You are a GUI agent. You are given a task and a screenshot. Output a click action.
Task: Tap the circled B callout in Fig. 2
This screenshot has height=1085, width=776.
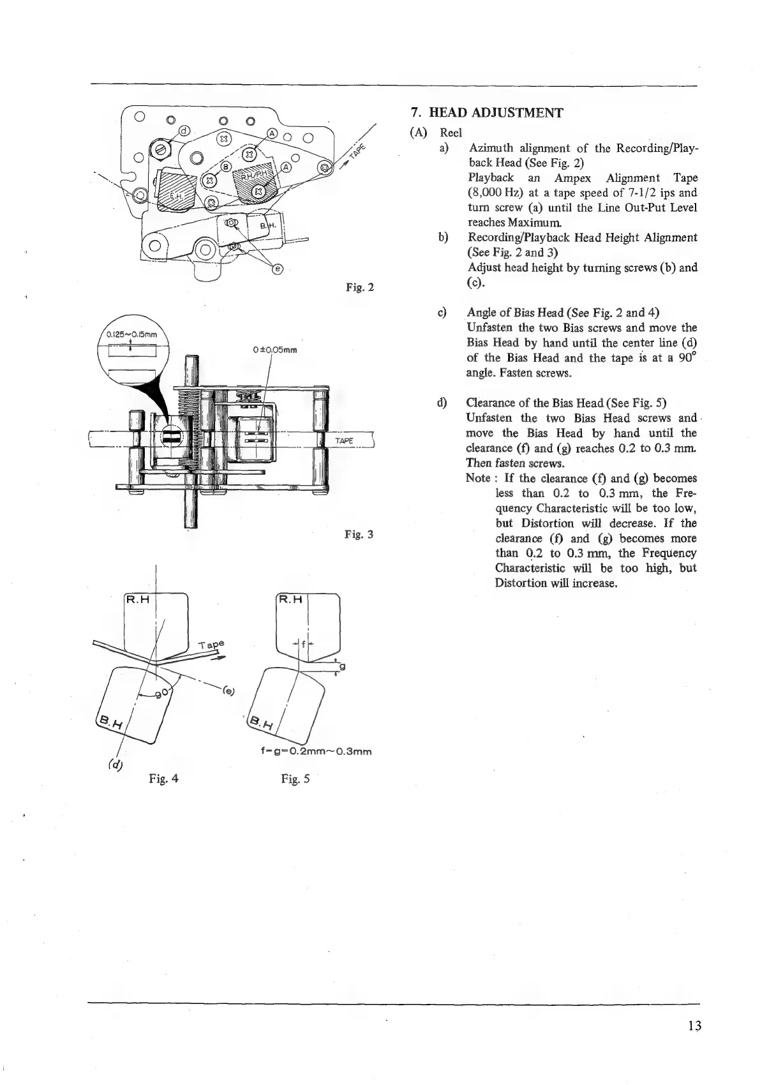pyautogui.click(x=225, y=167)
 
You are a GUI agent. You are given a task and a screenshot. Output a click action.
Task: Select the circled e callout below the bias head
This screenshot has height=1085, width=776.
pyautogui.click(x=277, y=269)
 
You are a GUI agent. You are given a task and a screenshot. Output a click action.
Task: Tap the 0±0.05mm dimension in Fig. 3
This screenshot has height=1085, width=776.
pyautogui.click(x=276, y=350)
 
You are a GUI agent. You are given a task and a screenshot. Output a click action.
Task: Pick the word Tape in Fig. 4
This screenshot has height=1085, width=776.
pyautogui.click(x=212, y=646)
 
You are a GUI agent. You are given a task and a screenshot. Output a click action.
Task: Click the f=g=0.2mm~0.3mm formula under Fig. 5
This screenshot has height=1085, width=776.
pyautogui.click(x=317, y=751)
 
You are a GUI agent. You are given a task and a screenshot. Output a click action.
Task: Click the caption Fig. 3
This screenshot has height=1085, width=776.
pyautogui.click(x=359, y=534)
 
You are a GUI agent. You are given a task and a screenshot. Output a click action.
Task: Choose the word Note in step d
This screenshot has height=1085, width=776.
pyautogui.click(x=479, y=478)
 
